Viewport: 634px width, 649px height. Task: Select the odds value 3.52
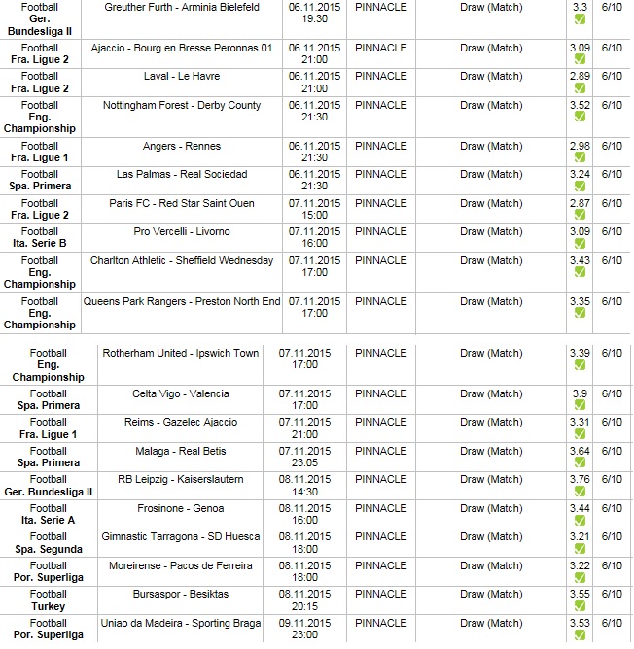click(580, 105)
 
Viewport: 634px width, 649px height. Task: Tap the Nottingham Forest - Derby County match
click(182, 105)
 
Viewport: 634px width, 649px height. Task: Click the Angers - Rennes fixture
click(182, 146)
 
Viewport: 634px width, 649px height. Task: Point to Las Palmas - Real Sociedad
click(182, 174)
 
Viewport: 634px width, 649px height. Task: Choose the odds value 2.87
click(580, 203)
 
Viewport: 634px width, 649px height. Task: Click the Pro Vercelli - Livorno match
click(182, 231)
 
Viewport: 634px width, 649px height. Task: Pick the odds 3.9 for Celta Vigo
click(580, 393)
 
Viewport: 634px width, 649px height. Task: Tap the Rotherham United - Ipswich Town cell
click(181, 353)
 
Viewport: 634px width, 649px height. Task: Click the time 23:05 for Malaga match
click(305, 463)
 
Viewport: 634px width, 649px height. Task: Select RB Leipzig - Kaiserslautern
click(181, 479)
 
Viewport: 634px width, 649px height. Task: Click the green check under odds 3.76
click(580, 492)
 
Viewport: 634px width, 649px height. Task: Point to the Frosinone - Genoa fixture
click(181, 508)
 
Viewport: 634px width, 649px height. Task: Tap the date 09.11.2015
click(305, 623)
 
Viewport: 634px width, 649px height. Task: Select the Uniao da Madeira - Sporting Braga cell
click(181, 623)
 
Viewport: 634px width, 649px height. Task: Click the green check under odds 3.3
click(580, 19)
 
